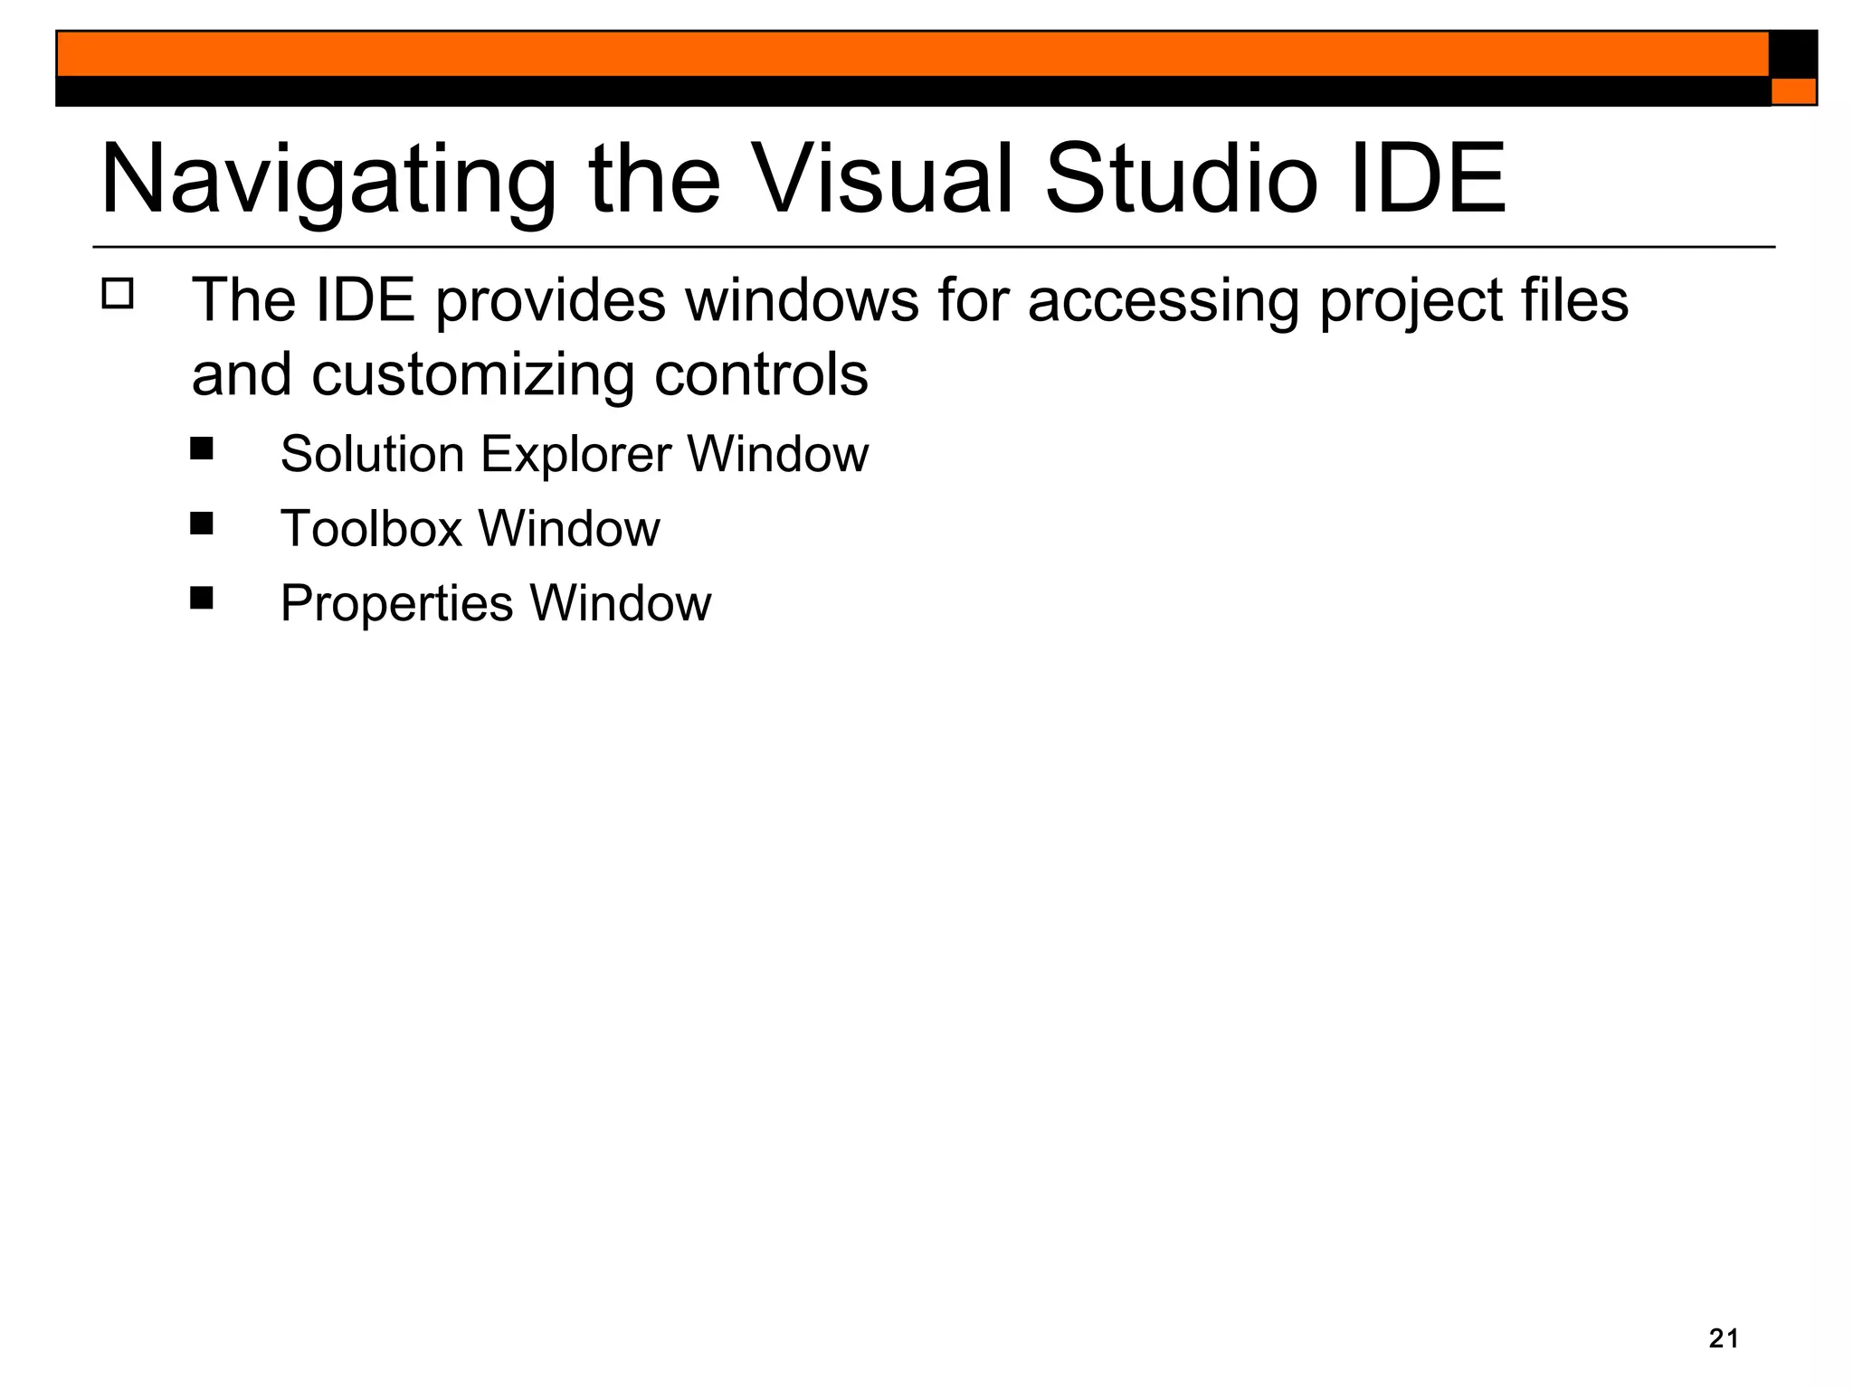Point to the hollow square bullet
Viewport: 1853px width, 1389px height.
coord(118,295)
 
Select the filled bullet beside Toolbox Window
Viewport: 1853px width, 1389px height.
coord(202,524)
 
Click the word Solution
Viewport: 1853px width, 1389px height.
coord(372,454)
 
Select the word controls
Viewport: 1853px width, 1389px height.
coord(761,375)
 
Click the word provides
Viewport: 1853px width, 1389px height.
coord(550,301)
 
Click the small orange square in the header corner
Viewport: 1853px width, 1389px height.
coord(1793,91)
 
